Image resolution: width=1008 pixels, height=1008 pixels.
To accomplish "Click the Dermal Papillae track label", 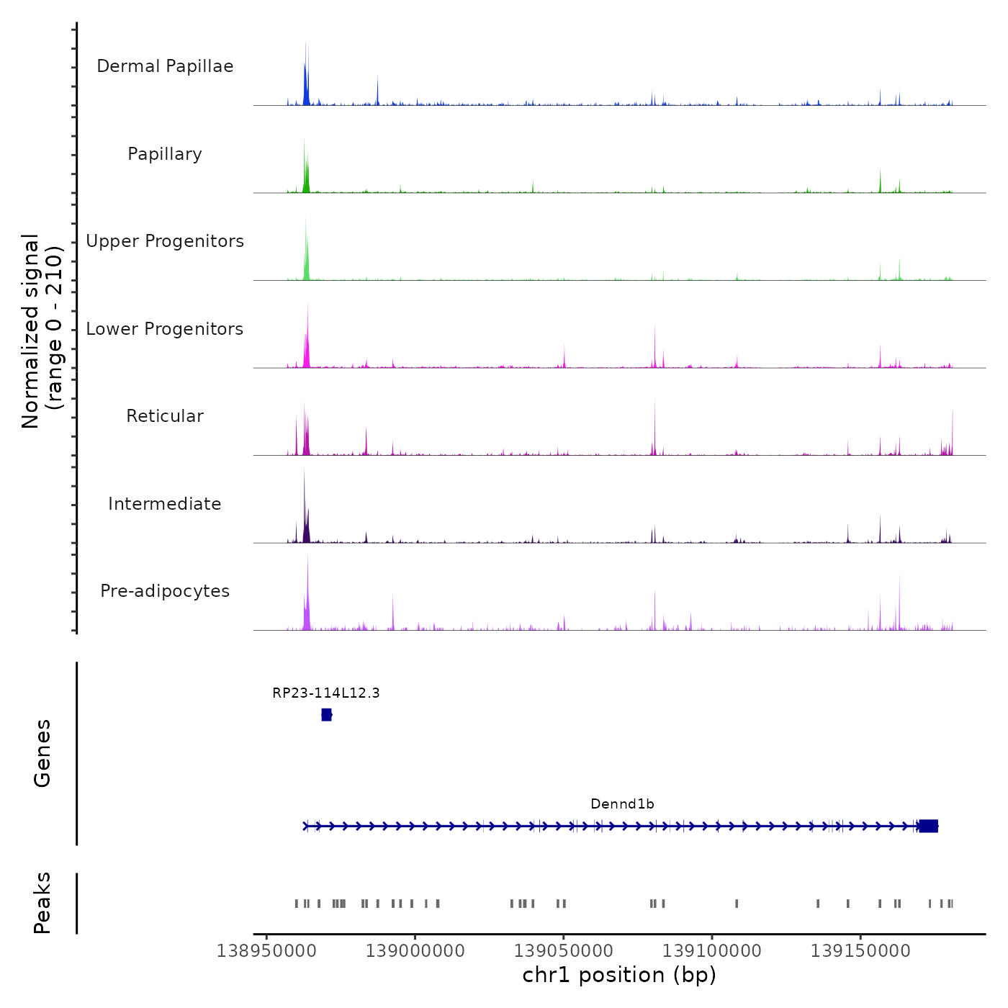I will (x=165, y=66).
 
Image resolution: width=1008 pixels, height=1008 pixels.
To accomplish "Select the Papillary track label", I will (x=165, y=154).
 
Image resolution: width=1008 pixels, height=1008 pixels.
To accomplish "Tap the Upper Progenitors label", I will (x=165, y=241).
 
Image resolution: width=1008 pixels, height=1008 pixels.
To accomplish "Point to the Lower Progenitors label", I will (x=165, y=329).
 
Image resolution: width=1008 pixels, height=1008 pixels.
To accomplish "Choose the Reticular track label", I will (x=165, y=416).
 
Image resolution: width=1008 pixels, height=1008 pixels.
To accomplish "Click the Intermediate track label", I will (x=165, y=504).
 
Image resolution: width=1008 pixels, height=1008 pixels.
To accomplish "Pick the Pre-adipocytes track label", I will (x=165, y=591).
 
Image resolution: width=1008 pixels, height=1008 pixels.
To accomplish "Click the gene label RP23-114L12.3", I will (x=326, y=693).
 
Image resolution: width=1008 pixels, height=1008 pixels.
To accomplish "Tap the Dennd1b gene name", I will (x=622, y=804).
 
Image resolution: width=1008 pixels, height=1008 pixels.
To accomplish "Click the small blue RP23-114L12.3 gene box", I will (x=326, y=715).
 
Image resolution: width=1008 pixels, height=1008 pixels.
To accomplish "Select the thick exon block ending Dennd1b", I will (x=929, y=826).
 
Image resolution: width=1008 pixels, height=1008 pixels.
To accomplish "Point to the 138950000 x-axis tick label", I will (x=266, y=951).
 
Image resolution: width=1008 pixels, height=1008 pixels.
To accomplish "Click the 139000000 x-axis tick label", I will (x=415, y=951).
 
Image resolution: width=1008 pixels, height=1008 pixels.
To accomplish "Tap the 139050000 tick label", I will (x=563, y=951).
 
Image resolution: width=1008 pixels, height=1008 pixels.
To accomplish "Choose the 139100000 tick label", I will (x=711, y=951).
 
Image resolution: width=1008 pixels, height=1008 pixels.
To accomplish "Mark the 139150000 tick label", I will (x=860, y=951).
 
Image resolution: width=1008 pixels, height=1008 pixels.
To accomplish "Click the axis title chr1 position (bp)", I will (x=619, y=975).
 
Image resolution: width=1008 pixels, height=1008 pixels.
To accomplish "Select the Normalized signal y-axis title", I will (x=42, y=330).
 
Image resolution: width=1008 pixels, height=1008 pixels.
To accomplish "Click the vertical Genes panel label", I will (x=42, y=753).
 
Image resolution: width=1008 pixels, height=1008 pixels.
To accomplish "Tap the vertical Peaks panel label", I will (x=42, y=903).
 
